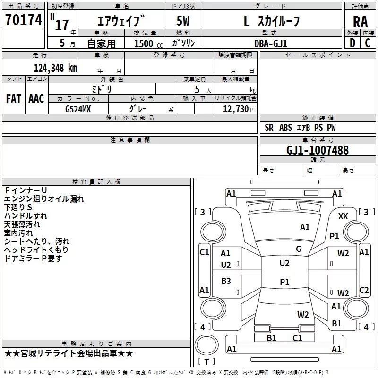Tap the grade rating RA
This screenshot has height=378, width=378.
click(x=360, y=22)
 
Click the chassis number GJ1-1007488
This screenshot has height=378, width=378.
click(x=318, y=151)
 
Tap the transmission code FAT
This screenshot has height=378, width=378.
click(x=14, y=99)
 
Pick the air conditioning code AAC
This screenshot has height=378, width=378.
click(x=36, y=99)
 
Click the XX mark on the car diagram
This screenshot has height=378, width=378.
click(x=343, y=216)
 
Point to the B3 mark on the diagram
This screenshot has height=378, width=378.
click(x=226, y=281)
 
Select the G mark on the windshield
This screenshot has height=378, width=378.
click(x=299, y=249)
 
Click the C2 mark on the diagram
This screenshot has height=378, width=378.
click(x=364, y=290)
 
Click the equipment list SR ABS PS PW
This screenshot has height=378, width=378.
click(x=300, y=128)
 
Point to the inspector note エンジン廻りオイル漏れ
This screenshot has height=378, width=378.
click(x=44, y=199)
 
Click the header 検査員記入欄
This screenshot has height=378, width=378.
click(x=96, y=181)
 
